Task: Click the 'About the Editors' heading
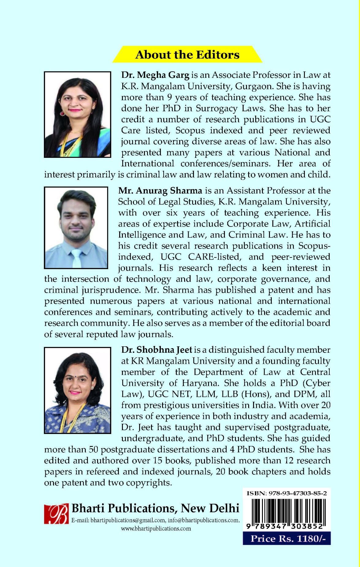coord(187,55)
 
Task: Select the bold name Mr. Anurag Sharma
coord(160,191)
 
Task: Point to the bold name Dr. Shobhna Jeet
coord(157,350)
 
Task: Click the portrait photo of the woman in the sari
coord(77,115)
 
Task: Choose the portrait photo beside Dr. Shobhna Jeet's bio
coord(77,390)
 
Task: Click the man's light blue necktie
coord(76,257)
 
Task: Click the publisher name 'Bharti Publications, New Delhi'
coord(155,508)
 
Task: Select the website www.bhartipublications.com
coord(156,528)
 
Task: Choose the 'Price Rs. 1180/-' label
coord(286,538)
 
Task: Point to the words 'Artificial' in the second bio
coord(312,224)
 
